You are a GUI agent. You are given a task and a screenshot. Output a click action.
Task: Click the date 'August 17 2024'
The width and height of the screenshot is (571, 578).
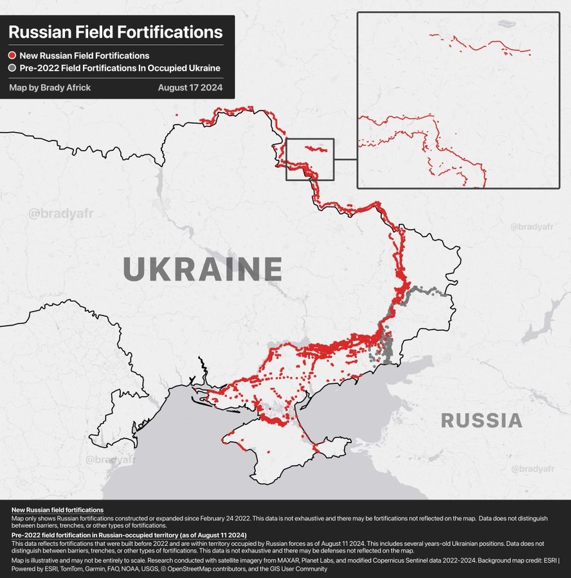click(x=190, y=87)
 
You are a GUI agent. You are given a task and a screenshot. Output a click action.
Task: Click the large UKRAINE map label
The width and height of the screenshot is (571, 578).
click(x=202, y=269)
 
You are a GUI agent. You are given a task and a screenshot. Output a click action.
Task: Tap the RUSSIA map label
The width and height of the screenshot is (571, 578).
click(x=481, y=421)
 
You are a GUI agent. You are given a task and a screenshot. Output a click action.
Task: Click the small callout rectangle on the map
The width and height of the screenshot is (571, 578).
click(x=310, y=159)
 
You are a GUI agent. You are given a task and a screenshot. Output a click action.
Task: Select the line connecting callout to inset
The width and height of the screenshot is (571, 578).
click(x=346, y=159)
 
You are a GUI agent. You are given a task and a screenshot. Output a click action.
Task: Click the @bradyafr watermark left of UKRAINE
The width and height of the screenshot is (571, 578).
click(x=56, y=213)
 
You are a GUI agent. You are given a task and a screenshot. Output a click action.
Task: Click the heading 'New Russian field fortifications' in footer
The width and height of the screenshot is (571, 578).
click(x=57, y=509)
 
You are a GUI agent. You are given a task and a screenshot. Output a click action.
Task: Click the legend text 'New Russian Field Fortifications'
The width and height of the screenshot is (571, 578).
click(x=84, y=56)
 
